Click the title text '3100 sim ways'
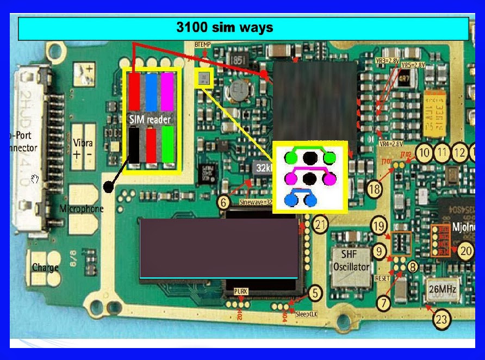[224, 27]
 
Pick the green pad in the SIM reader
[168, 144]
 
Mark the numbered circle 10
[424, 153]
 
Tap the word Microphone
[82, 209]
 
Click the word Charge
[45, 268]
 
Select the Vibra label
[83, 144]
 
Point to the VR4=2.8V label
[390, 144]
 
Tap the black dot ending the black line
[109, 187]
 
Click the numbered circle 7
[384, 303]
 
